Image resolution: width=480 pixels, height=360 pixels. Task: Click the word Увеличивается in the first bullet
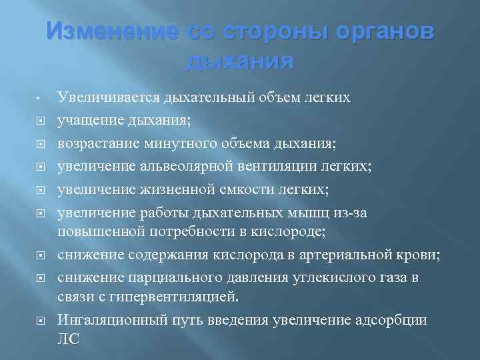tap(106, 98)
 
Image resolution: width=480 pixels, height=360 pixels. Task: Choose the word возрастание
tap(96, 143)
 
